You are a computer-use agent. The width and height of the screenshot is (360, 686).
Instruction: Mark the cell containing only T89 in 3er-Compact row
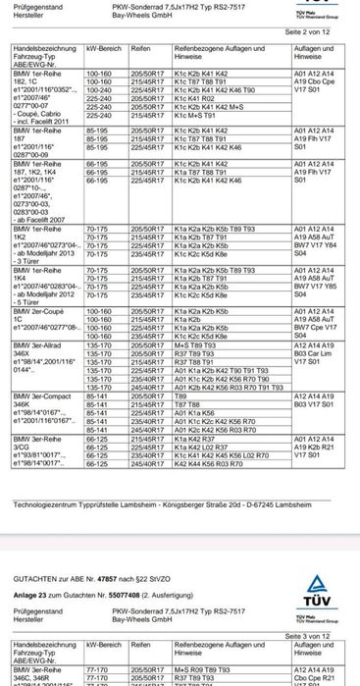coord(181,395)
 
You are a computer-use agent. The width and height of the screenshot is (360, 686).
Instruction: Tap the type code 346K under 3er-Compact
coord(22,402)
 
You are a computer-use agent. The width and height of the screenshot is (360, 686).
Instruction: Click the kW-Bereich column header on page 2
coord(104,48)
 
